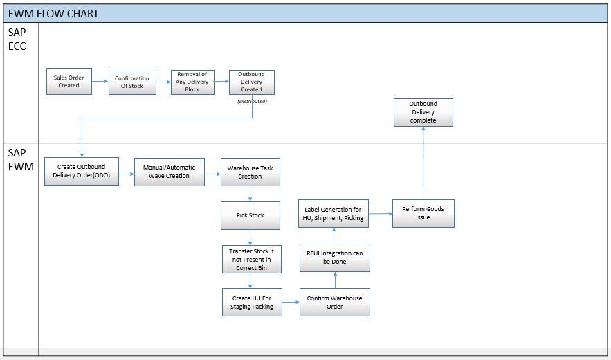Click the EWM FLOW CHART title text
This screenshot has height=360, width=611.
(53, 13)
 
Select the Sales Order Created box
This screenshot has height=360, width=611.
(69, 82)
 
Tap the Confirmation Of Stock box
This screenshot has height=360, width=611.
(132, 82)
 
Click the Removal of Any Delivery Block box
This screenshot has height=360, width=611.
(192, 82)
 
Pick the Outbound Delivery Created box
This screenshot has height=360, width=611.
(251, 82)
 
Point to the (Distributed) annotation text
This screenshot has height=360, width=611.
(252, 101)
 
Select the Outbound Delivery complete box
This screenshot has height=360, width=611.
(423, 112)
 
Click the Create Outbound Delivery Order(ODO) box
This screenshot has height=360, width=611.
(82, 171)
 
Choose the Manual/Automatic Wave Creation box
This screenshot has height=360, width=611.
(169, 171)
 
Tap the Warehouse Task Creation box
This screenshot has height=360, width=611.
(250, 172)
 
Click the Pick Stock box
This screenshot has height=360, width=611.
(250, 215)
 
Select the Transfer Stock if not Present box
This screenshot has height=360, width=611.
(250, 259)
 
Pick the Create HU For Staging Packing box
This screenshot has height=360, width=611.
(252, 303)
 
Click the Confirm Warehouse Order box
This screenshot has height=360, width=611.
(334, 303)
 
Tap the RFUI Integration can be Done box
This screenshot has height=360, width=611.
(334, 258)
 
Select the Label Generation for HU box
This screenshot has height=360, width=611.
(333, 213)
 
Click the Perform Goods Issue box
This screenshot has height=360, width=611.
(423, 213)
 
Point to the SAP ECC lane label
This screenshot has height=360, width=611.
(17, 39)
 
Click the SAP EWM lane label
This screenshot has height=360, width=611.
(20, 159)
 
